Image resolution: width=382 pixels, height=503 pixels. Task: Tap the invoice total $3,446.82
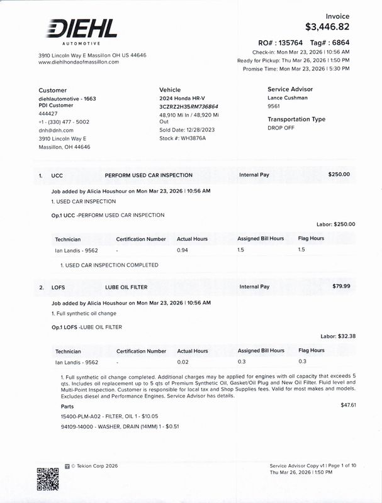[x=327, y=27]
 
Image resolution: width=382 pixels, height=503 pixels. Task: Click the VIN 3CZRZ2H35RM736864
[x=189, y=107]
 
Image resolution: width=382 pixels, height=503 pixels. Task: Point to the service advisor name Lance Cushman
[x=288, y=98]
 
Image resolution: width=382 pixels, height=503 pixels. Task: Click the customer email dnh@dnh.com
[x=56, y=130]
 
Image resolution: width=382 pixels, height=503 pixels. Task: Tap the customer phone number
[x=64, y=122]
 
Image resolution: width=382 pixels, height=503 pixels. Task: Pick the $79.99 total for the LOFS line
[x=341, y=287]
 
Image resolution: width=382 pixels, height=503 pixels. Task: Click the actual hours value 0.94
[x=183, y=250]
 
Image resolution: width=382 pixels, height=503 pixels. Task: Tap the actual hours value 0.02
[x=183, y=362]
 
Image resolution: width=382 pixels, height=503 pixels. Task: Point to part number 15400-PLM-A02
[x=82, y=416]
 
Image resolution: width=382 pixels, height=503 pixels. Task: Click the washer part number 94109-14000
[x=77, y=426]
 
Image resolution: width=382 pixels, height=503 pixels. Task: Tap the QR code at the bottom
[x=48, y=479]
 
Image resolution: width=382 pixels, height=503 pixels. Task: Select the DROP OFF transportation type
[x=281, y=128]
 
